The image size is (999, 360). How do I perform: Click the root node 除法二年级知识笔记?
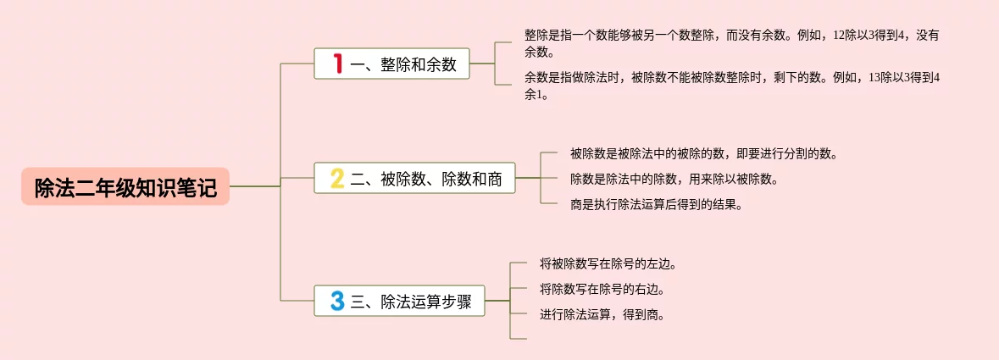coord(125,187)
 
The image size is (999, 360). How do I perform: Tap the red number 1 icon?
coord(337,64)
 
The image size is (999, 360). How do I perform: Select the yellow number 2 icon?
coord(337,178)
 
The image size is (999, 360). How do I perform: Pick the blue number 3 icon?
coord(337,301)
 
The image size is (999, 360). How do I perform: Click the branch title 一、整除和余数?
coord(403,64)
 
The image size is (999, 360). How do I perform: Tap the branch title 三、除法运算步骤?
coord(411,302)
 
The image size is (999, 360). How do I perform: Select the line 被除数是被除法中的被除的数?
coord(704,154)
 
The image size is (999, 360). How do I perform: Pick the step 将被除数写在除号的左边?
coord(608,263)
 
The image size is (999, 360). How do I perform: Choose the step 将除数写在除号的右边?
coord(602,289)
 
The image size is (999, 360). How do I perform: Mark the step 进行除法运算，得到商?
coord(602,314)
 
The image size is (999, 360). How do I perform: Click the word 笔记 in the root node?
coord(200,188)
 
